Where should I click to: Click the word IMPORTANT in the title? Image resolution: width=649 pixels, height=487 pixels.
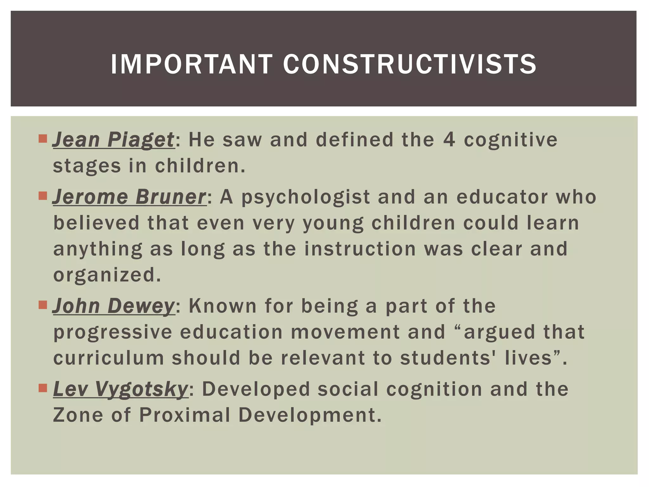191,64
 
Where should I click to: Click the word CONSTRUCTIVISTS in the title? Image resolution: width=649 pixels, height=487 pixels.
409,64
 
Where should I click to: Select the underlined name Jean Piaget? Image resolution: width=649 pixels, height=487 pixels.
113,140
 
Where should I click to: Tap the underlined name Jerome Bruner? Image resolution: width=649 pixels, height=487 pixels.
129,197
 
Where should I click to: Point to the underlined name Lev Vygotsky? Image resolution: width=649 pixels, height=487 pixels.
120,389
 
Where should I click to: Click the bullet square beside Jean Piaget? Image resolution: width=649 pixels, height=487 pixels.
42,139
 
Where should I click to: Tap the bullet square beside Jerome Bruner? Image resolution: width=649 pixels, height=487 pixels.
42,196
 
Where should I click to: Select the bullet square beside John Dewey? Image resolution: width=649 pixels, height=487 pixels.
42,305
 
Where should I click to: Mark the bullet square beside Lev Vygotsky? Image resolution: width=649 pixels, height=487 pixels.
42,388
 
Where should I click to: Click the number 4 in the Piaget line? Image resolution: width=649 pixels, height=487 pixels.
449,140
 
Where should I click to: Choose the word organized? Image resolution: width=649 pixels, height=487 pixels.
107,275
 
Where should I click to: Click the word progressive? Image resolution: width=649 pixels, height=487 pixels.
113,332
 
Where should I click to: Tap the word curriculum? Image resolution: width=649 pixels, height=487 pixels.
109,358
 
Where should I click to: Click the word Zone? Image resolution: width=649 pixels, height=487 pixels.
78,415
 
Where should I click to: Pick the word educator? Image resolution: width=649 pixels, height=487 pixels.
502,197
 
